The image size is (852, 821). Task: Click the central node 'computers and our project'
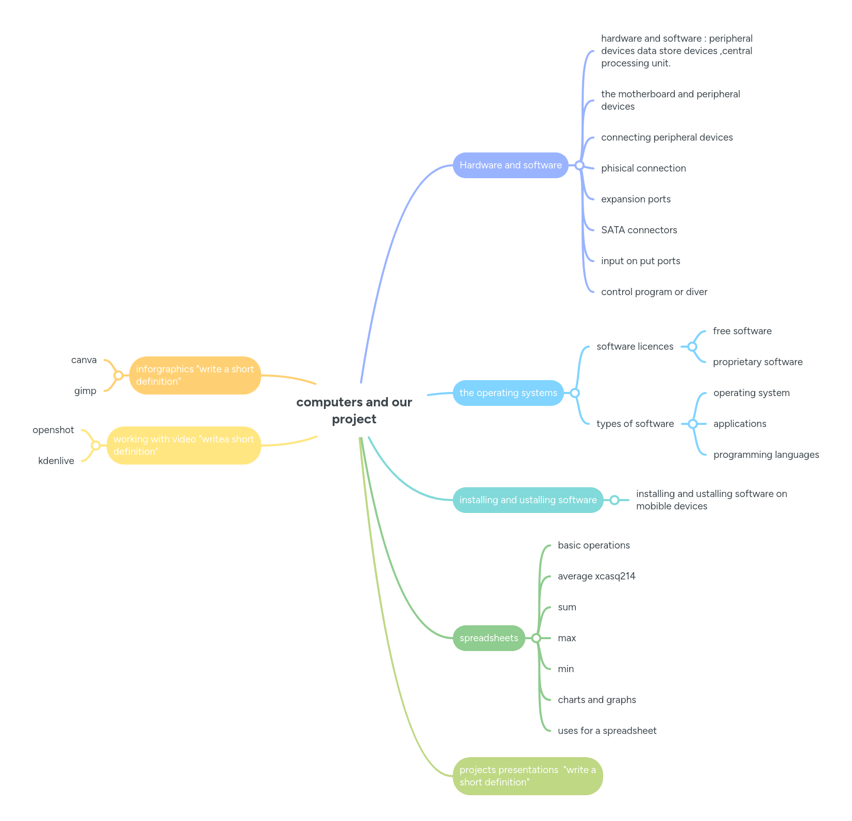354,410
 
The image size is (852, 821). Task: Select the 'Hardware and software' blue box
510,165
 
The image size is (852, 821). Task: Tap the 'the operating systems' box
508,393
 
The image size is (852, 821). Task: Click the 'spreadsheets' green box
488,638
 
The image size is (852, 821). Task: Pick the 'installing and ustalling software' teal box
527,500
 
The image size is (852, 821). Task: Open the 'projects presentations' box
527,776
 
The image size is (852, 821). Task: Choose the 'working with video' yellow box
183,446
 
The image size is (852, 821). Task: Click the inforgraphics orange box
195,375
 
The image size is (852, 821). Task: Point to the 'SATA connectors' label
639,230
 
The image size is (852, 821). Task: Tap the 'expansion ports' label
636,199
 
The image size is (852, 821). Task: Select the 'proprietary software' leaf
757,362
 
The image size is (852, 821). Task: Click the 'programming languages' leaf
765,455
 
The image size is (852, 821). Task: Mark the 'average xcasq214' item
597,576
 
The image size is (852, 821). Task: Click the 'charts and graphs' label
597,700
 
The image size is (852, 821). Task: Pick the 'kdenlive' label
56,461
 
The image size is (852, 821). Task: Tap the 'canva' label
84,360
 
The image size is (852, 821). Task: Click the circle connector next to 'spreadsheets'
536,638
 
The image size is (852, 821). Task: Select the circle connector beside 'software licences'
692,347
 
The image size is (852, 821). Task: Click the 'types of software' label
635,424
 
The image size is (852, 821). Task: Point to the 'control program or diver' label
654,292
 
